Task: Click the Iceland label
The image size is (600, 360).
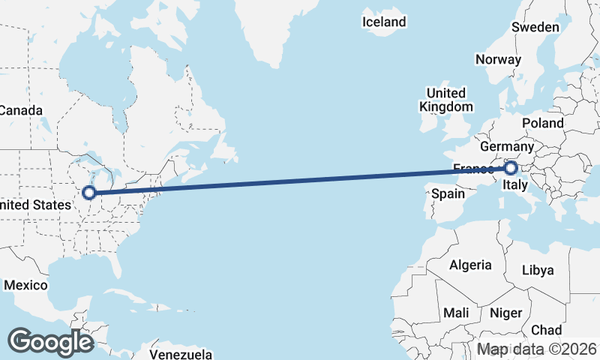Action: tap(384, 22)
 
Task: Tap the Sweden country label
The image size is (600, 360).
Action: tap(535, 27)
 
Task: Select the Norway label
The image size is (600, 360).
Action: tap(498, 60)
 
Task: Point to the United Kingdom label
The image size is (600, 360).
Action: tap(445, 100)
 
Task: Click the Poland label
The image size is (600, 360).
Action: tap(544, 122)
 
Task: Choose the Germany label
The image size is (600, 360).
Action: tap(506, 146)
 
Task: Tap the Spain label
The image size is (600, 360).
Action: tap(448, 193)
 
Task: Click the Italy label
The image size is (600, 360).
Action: tap(516, 184)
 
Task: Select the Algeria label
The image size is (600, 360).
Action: tap(470, 265)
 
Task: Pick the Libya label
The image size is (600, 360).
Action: tap(537, 270)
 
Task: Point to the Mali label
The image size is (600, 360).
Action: tap(456, 312)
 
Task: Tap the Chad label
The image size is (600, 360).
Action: tap(546, 330)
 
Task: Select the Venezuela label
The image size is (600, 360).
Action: tap(181, 354)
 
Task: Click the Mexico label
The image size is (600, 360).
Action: tap(26, 286)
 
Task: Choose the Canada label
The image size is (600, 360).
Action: tap(20, 110)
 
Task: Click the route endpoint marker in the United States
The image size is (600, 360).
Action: tap(89, 193)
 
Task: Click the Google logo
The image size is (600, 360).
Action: tap(50, 342)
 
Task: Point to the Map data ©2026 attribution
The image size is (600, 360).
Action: tap(537, 349)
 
